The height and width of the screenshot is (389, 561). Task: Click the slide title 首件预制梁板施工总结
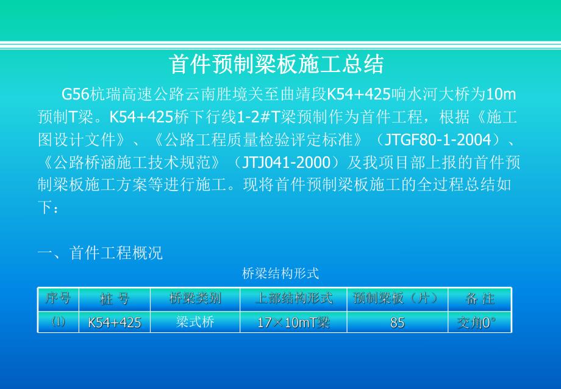276,64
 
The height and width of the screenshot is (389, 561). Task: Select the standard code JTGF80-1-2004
438,140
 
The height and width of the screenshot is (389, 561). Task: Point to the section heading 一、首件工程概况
101,253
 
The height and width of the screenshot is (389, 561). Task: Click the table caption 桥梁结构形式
280,274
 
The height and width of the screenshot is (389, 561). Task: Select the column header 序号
58,299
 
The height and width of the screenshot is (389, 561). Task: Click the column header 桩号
115,299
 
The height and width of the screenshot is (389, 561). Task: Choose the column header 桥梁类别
195,299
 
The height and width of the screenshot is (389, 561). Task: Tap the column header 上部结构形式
294,299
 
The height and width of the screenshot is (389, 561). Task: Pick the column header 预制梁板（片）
397,299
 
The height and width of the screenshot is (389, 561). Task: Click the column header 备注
480,299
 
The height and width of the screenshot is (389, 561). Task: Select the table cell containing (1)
58,322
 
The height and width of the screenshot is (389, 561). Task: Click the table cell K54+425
115,322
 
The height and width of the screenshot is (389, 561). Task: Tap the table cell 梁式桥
195,322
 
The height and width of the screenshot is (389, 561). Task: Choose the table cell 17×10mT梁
294,322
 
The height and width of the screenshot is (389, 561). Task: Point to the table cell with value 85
397,322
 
